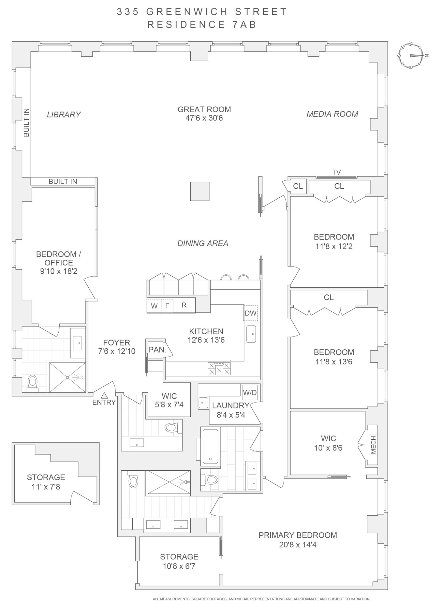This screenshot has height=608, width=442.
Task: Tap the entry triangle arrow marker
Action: click(104, 395)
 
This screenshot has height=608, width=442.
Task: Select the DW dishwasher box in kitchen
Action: click(250, 313)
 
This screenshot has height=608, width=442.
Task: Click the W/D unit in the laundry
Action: click(250, 392)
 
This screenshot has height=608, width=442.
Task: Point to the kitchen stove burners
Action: click(219, 368)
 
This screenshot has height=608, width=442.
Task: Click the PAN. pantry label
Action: click(157, 350)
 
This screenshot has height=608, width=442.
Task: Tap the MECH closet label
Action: click(373, 444)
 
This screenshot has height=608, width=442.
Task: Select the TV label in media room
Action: click(336, 172)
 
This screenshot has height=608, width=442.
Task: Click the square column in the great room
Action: click(200, 191)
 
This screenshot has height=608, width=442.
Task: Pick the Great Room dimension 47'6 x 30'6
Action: click(204, 118)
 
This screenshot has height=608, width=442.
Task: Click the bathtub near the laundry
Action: click(210, 446)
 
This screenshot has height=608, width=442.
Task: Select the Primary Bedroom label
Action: click(298, 535)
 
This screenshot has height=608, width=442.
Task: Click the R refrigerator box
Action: click(184, 305)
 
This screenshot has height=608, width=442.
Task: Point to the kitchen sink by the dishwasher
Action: click(251, 334)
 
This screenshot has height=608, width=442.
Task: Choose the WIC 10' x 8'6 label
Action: click(328, 443)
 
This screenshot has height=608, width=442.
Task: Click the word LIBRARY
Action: click(64, 115)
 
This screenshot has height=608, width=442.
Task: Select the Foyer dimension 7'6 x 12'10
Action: click(117, 351)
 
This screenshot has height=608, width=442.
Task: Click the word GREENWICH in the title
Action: click(187, 12)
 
